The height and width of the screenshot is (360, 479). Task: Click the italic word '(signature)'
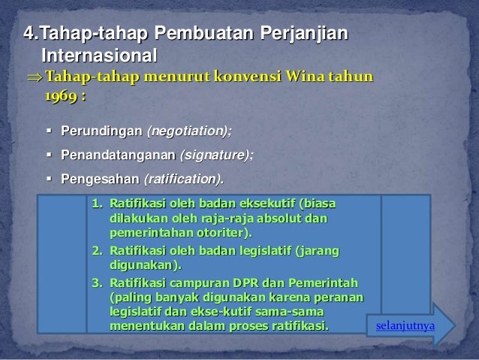(214, 156)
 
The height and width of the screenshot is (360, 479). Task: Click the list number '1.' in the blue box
(96, 204)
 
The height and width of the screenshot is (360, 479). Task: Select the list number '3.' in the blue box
(96, 283)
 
